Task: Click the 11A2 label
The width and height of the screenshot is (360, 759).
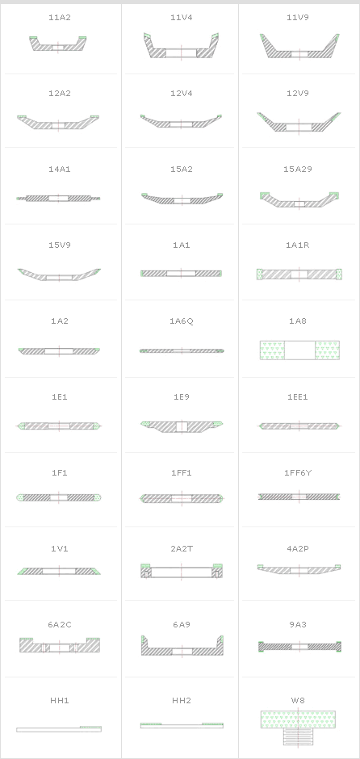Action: tap(60, 18)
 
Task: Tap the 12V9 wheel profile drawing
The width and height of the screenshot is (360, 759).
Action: tap(299, 123)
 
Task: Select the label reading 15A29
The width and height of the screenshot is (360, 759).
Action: tap(298, 170)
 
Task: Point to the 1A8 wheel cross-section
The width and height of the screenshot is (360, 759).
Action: tap(299, 350)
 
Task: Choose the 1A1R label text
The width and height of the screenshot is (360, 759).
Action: tap(298, 245)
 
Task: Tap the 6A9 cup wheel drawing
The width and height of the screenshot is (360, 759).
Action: tap(182, 646)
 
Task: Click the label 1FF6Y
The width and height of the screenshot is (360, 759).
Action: tap(298, 473)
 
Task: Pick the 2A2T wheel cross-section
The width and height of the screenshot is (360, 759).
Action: tap(182, 571)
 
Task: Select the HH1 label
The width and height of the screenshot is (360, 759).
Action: tap(60, 701)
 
